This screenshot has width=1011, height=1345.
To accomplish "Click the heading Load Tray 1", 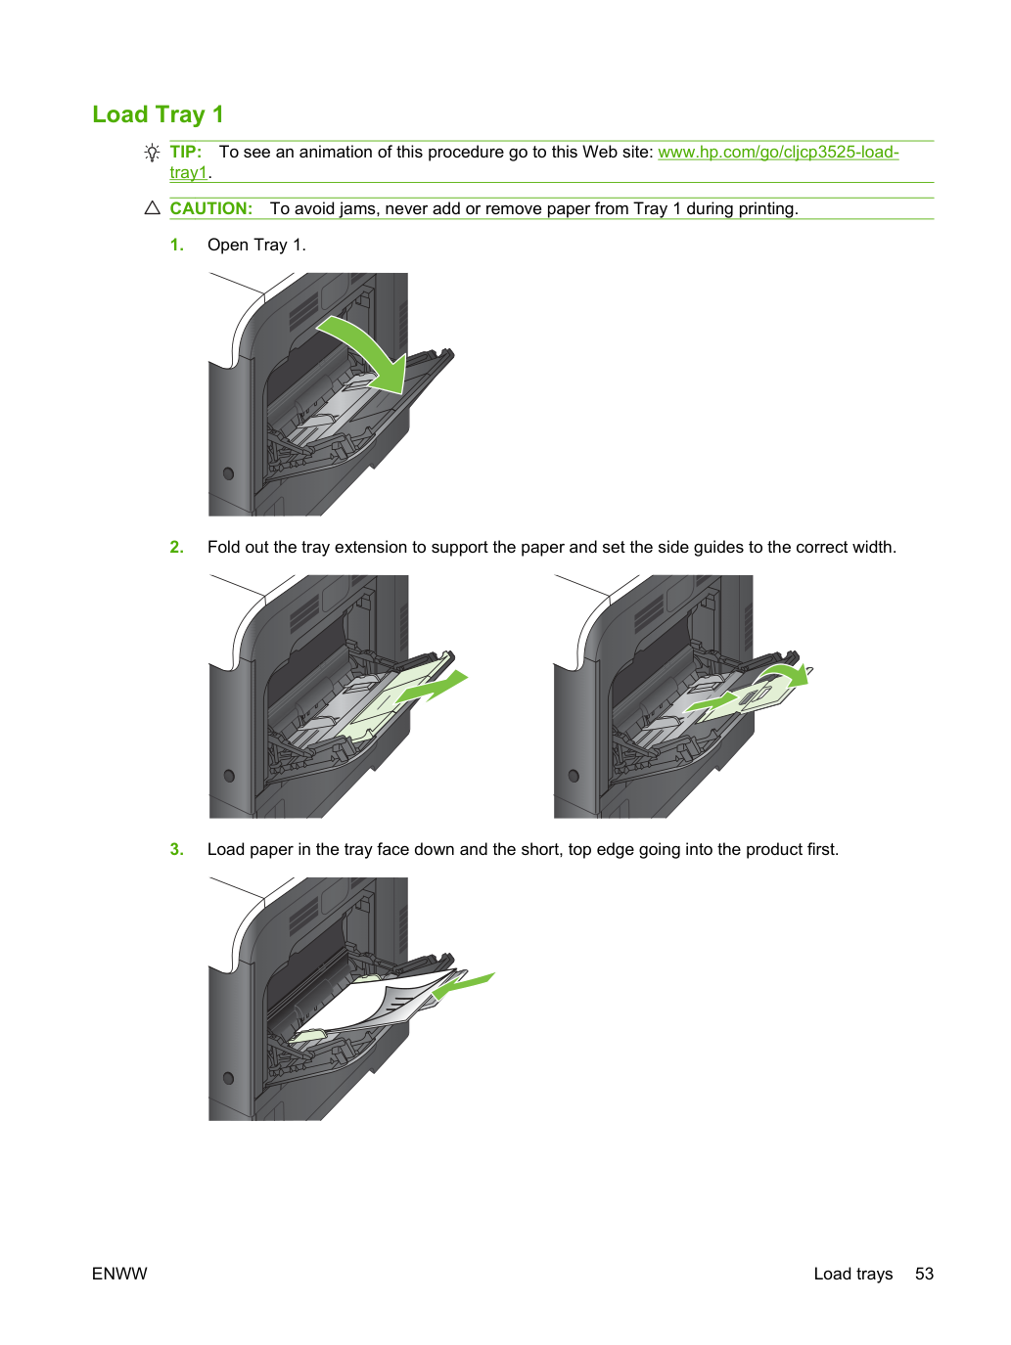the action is pyautogui.click(x=158, y=114).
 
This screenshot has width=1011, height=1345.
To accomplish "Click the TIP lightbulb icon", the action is pyautogui.click(x=152, y=152).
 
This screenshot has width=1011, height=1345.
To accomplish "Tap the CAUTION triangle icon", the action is pyautogui.click(x=152, y=208).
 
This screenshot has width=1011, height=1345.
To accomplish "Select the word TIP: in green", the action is pyautogui.click(x=186, y=152).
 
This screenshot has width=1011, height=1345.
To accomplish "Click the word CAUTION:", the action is pyautogui.click(x=210, y=208).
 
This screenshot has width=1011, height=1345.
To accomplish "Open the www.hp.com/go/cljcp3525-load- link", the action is pyautogui.click(x=778, y=152).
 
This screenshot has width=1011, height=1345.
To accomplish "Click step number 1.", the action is pyautogui.click(x=176, y=246).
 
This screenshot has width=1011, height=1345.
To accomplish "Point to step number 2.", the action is pyautogui.click(x=176, y=547).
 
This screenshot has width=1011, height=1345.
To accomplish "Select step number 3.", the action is pyautogui.click(x=176, y=850).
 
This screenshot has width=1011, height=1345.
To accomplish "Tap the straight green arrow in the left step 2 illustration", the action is pyautogui.click(x=433, y=687).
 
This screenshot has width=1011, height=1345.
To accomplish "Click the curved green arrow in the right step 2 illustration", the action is pyautogui.click(x=788, y=673).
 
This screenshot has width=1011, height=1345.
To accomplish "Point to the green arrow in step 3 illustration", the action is pyautogui.click(x=463, y=985).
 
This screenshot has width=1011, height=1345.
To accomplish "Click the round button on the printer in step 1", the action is pyautogui.click(x=229, y=473).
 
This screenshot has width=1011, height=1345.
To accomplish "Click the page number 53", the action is pyautogui.click(x=924, y=1274).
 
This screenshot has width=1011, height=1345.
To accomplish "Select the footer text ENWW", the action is pyautogui.click(x=119, y=1274).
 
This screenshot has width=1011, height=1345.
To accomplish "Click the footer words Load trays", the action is pyautogui.click(x=852, y=1274).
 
